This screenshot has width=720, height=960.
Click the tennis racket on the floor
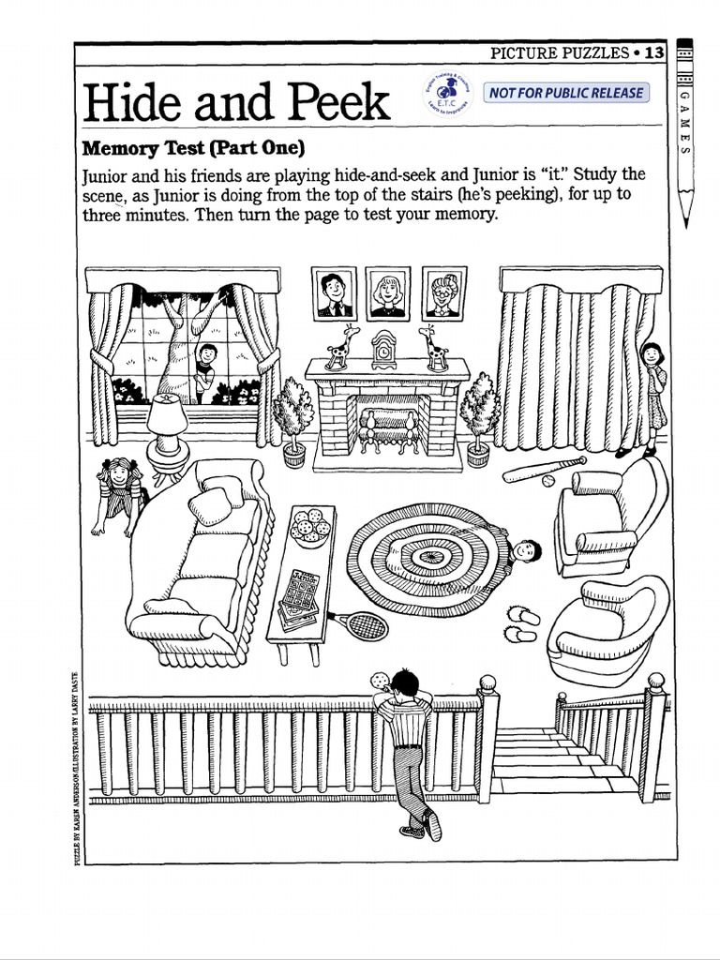pyautogui.click(x=357, y=623)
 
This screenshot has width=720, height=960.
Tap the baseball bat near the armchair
pyautogui.click(x=544, y=469)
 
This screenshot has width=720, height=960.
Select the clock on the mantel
pyautogui.click(x=384, y=350)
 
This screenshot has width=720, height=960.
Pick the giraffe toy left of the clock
pyautogui.click(x=338, y=348)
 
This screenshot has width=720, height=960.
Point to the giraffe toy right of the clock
pyautogui.click(x=432, y=348)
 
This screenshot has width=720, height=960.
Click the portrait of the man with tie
pyautogui.click(x=334, y=294)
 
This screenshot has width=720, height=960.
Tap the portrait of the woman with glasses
pyautogui.click(x=443, y=294)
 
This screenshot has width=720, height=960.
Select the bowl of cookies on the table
pyautogui.click(x=309, y=527)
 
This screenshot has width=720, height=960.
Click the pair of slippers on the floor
pyautogui.click(x=522, y=624)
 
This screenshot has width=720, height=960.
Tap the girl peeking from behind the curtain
pyautogui.click(x=652, y=394)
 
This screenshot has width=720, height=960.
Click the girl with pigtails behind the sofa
pyautogui.click(x=119, y=492)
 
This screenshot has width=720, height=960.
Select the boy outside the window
pyautogui.click(x=205, y=370)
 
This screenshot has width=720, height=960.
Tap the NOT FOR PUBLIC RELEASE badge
pyautogui.click(x=565, y=93)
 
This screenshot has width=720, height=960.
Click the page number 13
pyautogui.click(x=653, y=53)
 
